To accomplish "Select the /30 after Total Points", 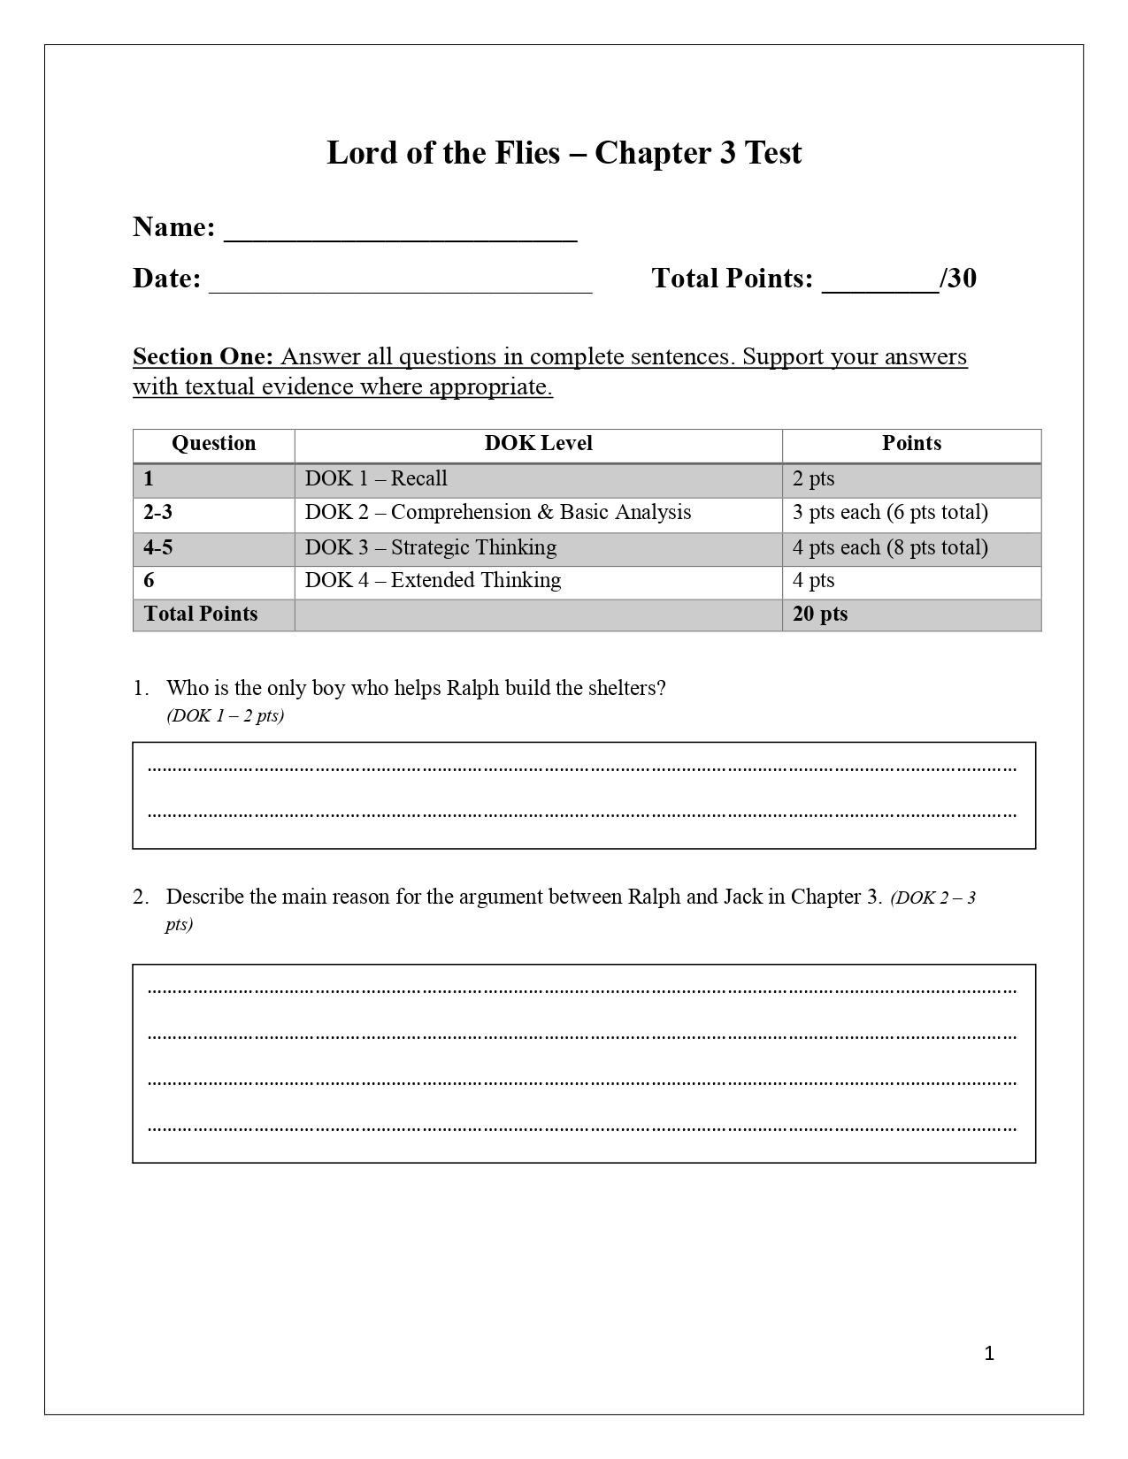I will click(958, 279).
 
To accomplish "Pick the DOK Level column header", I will click(538, 444).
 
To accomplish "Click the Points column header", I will click(911, 444).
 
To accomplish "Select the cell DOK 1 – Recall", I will click(376, 478).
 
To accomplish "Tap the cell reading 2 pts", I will click(813, 478).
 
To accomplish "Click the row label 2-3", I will click(158, 513).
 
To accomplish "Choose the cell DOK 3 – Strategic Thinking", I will click(431, 547).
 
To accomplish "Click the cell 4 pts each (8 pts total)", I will click(890, 547).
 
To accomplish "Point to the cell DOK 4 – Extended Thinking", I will click(433, 581).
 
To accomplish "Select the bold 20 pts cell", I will click(819, 615).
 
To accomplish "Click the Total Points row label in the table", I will click(201, 615).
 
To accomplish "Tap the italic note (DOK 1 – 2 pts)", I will click(225, 716).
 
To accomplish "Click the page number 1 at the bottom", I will click(989, 1353).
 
